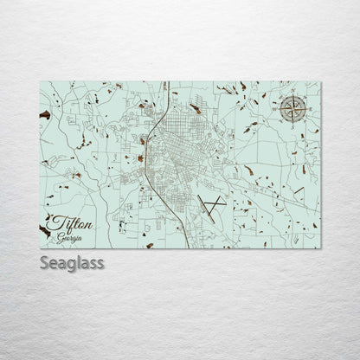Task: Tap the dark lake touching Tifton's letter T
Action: (44, 228)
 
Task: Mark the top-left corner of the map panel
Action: (40, 81)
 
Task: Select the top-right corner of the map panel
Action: (321, 81)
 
